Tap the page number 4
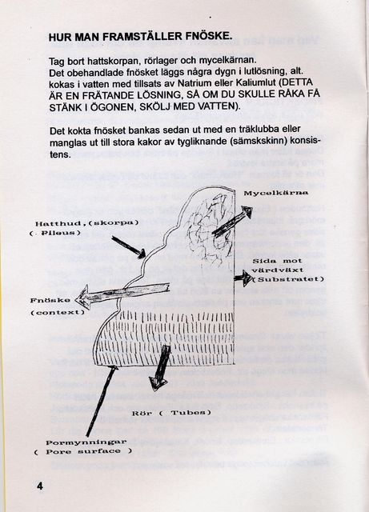tap(39, 486)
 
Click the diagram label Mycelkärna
tap(276, 193)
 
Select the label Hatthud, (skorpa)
tap(87, 223)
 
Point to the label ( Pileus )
tap(54, 233)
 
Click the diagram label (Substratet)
tap(289, 279)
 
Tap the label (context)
tap(58, 312)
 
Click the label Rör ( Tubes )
tap(171, 413)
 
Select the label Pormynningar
tap(86, 442)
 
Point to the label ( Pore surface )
tap(83, 451)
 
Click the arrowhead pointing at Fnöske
tap(82, 297)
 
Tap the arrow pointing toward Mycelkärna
tap(232, 221)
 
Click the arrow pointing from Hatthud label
tap(128, 247)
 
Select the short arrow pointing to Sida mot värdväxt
tap(243, 278)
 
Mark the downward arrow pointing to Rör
tap(160, 368)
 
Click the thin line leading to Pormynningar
tap(102, 401)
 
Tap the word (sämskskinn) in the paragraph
tap(251, 142)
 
